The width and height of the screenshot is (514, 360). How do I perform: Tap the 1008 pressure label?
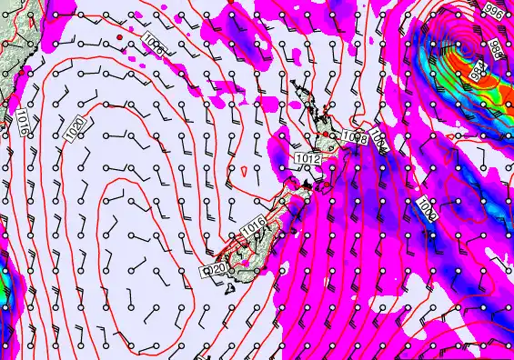[x=355, y=137]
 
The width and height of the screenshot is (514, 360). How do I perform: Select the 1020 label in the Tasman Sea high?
[x=77, y=129]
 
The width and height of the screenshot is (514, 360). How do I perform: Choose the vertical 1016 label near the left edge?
[x=22, y=121]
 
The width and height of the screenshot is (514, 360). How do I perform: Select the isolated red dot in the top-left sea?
[x=119, y=37]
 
